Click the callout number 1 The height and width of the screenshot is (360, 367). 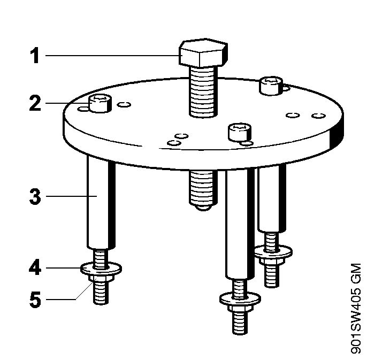click(35, 56)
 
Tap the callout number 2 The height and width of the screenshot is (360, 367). click(35, 103)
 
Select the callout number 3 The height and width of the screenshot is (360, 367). click(35, 196)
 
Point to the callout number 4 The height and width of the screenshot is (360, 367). click(35, 268)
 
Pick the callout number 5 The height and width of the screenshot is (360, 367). click(35, 300)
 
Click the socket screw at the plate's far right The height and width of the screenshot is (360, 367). click(271, 86)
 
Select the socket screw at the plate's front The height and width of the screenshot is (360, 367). click(240, 133)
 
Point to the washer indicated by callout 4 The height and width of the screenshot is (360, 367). click(101, 269)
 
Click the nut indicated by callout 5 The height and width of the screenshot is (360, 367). click(101, 278)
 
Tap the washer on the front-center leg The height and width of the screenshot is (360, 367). click(240, 299)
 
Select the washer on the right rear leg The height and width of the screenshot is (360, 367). click(273, 252)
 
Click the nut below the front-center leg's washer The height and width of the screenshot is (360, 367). click(240, 308)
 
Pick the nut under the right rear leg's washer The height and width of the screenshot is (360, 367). click(273, 261)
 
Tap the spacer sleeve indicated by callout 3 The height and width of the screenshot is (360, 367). click(101, 203)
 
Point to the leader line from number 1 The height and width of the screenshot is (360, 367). click(112, 56)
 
